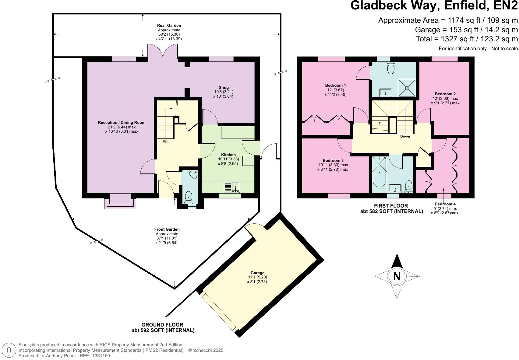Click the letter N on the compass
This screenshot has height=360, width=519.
click(x=397, y=276)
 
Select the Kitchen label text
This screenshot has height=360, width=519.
click(x=228, y=155)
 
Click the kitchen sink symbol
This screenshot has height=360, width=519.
click(x=232, y=187)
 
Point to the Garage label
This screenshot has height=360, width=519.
click(x=257, y=273)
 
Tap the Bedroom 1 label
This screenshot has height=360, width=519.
click(x=335, y=86)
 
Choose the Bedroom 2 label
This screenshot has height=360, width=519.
click(x=445, y=94)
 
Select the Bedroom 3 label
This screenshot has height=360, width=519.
click(x=333, y=161)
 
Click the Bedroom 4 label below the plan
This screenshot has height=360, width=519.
click(x=445, y=204)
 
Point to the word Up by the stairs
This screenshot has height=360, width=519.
click(x=165, y=141)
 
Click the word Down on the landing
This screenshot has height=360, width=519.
click(x=405, y=136)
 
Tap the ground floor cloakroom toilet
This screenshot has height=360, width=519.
click(x=189, y=197)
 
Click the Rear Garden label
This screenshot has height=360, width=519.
click(x=169, y=26)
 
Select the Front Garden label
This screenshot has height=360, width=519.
click(x=167, y=229)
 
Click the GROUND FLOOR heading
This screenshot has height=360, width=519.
click(x=162, y=325)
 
